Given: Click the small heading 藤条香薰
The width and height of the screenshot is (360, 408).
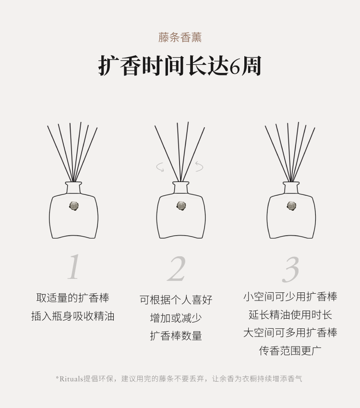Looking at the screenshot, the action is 180,37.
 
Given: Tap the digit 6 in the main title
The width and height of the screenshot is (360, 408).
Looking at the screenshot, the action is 235,67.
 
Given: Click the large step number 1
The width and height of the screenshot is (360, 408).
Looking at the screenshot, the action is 74,267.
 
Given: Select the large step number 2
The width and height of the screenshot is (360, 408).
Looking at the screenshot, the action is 177,269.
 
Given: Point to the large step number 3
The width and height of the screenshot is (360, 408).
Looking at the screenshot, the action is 290,270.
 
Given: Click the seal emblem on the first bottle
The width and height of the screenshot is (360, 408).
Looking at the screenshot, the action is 74,206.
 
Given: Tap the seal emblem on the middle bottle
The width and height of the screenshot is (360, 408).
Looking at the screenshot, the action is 181,206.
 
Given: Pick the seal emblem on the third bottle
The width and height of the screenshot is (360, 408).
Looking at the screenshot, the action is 291,206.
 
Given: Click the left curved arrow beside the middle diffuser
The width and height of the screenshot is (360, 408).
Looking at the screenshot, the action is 160,167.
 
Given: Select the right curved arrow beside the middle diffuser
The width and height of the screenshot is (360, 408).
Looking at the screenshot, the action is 200,166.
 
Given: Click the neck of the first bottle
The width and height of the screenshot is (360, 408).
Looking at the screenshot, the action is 73,187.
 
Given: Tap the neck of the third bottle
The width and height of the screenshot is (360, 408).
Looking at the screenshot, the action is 291,187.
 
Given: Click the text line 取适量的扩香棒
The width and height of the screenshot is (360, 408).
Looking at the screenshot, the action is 73,298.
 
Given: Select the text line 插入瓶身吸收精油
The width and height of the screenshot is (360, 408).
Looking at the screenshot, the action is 73,316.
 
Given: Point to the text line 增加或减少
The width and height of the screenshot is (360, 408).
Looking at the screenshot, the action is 176,318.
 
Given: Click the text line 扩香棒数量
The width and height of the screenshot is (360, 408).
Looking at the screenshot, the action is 176,336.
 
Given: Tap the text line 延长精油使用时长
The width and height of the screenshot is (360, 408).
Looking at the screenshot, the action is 290,314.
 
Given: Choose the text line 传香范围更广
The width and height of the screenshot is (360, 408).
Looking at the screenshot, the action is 290,350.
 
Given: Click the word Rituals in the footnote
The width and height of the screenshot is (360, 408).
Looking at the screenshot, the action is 71,379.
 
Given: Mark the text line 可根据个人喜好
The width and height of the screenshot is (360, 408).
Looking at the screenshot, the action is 176,300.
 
